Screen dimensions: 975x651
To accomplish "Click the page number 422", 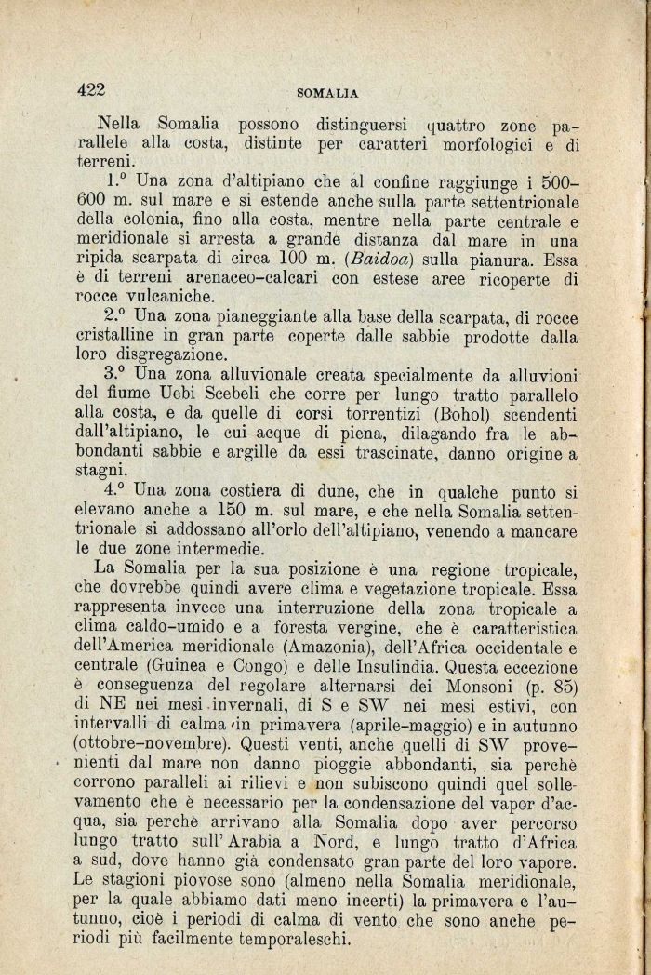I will (x=93, y=89).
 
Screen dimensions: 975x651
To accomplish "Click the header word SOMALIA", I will (x=327, y=93).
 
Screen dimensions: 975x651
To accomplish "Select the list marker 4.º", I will (x=118, y=489).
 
